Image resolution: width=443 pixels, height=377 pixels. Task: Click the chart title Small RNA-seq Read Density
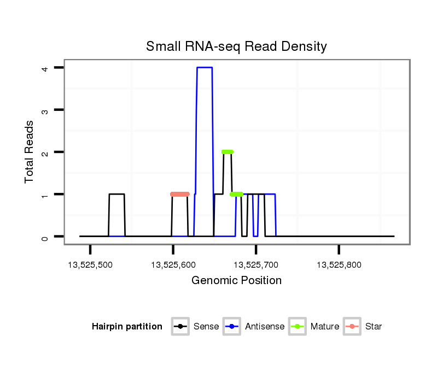tap(236, 46)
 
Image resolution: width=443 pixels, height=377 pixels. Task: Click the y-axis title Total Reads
tap(30, 151)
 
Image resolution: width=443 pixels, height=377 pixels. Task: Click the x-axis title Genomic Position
tap(236, 281)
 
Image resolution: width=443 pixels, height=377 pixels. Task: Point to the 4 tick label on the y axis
tap(46, 68)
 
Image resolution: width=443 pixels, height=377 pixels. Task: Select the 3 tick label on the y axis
tap(46, 110)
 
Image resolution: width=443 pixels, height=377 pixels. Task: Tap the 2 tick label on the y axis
tap(46, 152)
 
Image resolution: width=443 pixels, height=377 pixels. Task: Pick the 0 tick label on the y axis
tap(46, 237)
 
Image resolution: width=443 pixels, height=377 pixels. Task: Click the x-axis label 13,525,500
tap(90, 266)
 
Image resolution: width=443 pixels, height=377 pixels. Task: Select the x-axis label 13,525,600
tap(173, 266)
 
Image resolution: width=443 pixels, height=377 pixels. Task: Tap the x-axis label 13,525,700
tap(256, 266)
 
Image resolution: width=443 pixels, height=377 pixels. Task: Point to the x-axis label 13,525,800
tap(339, 266)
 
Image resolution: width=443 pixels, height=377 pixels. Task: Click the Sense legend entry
tap(206, 327)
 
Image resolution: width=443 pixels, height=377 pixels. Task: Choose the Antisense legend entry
tap(265, 327)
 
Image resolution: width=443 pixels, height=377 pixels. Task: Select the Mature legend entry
tap(324, 327)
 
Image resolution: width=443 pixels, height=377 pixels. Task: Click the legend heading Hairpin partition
tap(127, 327)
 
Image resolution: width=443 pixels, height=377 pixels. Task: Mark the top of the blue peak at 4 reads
tap(205, 67)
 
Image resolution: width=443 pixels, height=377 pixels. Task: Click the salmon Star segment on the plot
tap(180, 194)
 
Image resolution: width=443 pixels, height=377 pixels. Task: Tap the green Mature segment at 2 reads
tap(228, 152)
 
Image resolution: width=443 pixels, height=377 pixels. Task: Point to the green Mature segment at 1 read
tap(237, 194)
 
